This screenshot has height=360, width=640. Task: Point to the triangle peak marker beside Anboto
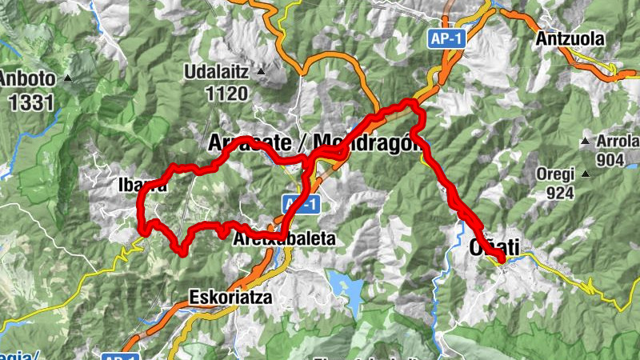(68, 78)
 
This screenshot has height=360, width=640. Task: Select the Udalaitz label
(217, 72)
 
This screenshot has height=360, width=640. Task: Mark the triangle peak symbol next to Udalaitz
(261, 72)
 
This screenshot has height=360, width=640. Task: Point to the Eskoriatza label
(231, 297)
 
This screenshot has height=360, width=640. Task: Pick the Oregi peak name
(554, 174)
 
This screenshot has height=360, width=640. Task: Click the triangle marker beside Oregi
(586, 174)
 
